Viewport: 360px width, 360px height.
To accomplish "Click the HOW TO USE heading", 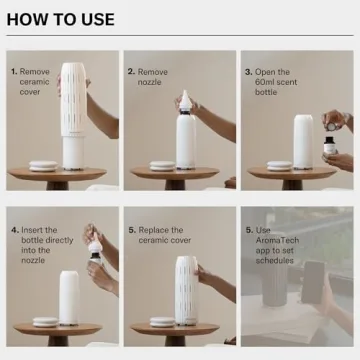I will click(x=61, y=19).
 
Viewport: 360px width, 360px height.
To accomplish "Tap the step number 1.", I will click(x=13, y=72).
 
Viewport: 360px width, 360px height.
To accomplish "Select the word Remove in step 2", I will click(x=153, y=72).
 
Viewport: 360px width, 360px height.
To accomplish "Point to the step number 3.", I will click(x=246, y=72).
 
